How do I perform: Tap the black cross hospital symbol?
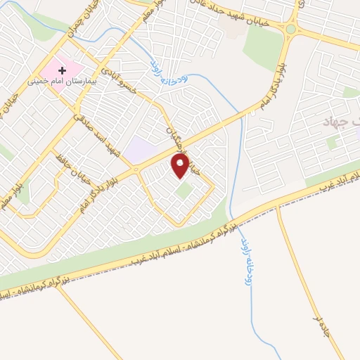tap(63, 70)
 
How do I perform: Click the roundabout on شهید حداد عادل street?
tap(290, 30)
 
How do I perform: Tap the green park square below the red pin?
tap(184, 191)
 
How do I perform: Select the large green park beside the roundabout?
tap(262, 42)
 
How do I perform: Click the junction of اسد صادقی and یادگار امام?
tap(136, 169)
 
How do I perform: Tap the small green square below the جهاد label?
tap(333, 143)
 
